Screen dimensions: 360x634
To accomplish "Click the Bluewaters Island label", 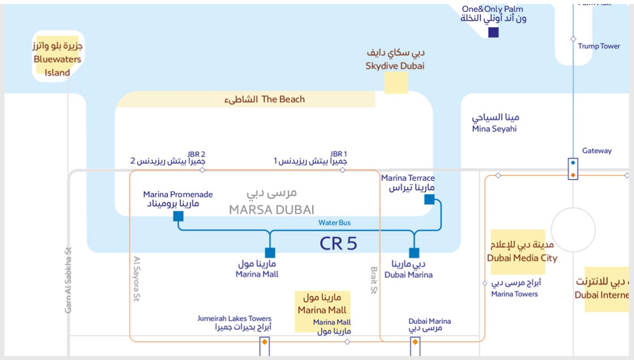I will coord(57,59).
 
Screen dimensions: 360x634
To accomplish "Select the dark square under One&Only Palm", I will coord(494,32).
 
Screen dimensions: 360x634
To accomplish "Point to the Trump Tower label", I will coord(599,46).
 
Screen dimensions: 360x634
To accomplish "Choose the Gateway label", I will coord(597,150).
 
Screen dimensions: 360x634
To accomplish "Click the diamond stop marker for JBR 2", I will coord(202,170).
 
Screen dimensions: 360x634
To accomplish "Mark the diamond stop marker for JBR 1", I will coord(342,170).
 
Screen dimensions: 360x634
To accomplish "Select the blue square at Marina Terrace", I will coord(429,199).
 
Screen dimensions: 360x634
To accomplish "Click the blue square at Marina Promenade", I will coord(178,216).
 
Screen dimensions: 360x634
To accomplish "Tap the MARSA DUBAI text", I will coord(271,210).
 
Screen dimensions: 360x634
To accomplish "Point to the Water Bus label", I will coord(334,223).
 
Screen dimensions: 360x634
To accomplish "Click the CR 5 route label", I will coord(338,244).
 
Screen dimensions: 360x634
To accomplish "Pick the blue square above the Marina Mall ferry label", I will coord(270,253).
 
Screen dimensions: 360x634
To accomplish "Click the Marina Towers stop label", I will coord(514,294).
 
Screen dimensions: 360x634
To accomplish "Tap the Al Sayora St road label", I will coord(136,278).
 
